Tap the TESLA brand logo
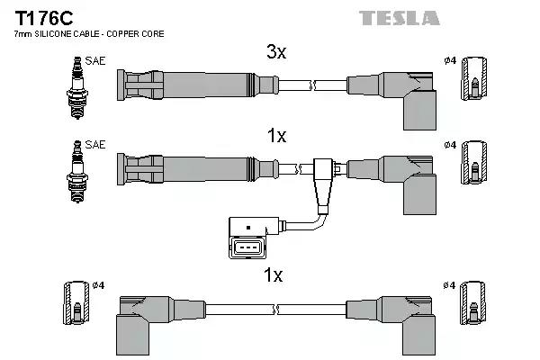[400, 18]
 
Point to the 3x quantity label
[276, 53]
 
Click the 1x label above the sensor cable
[276, 136]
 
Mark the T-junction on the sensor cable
[323, 171]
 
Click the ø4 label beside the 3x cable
[450, 60]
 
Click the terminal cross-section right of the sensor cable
[473, 170]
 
